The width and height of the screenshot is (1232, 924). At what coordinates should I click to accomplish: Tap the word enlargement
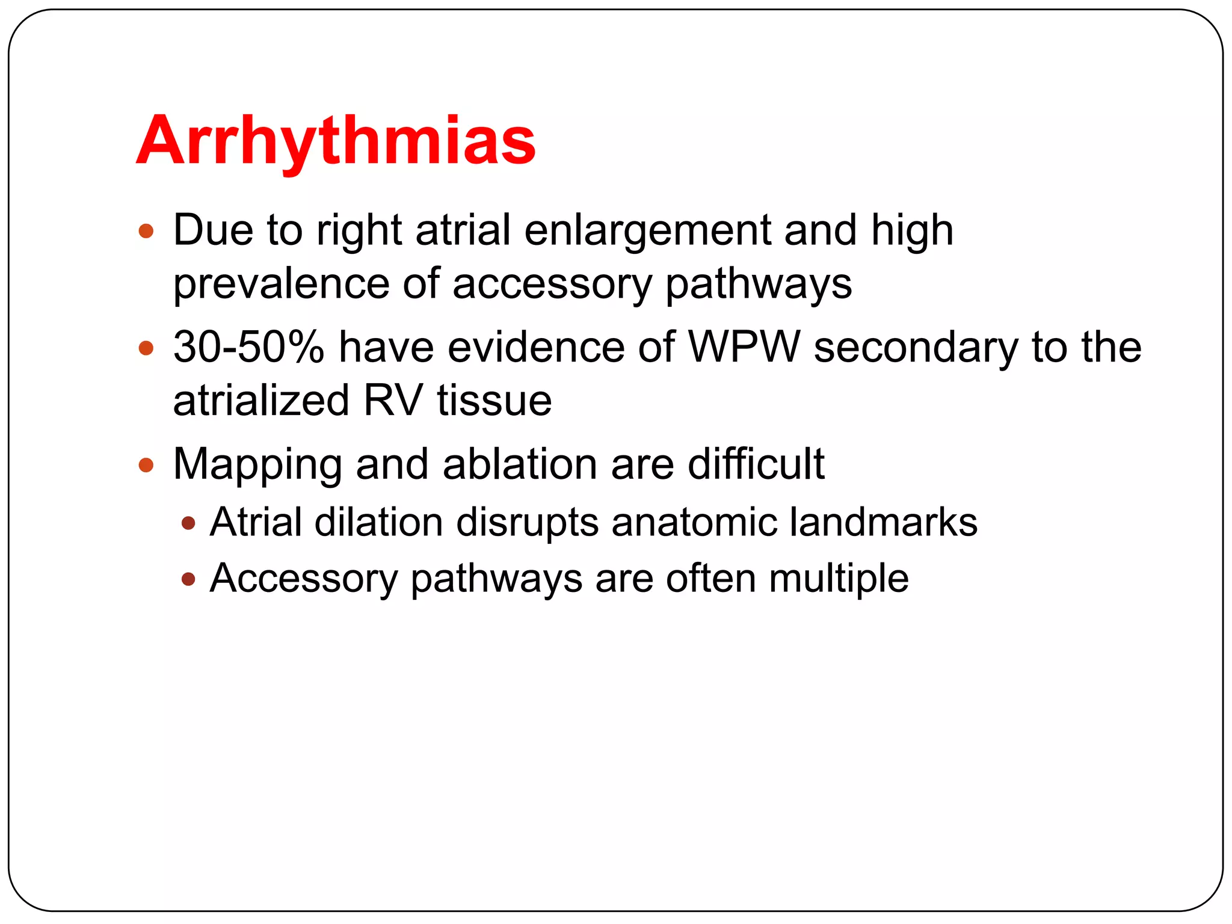pyautogui.click(x=647, y=230)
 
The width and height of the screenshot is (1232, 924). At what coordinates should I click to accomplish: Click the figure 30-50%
pyautogui.click(x=248, y=348)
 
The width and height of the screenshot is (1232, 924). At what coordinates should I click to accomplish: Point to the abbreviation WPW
pyautogui.click(x=744, y=348)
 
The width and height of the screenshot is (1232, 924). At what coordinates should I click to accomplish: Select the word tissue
pyautogui.click(x=494, y=401)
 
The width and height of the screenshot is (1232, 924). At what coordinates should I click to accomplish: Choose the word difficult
pyautogui.click(x=756, y=464)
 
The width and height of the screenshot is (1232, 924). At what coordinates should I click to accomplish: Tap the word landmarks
pyautogui.click(x=883, y=522)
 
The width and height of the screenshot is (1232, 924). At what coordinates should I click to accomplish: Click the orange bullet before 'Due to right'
pyautogui.click(x=146, y=231)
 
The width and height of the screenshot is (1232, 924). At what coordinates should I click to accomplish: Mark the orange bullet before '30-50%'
pyautogui.click(x=146, y=348)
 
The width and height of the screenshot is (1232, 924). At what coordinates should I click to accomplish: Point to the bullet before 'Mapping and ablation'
pyautogui.click(x=146, y=465)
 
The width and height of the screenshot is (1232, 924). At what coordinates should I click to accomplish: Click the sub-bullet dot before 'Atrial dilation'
pyautogui.click(x=188, y=523)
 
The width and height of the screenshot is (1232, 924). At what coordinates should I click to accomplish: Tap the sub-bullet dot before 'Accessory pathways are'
pyautogui.click(x=188, y=579)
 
